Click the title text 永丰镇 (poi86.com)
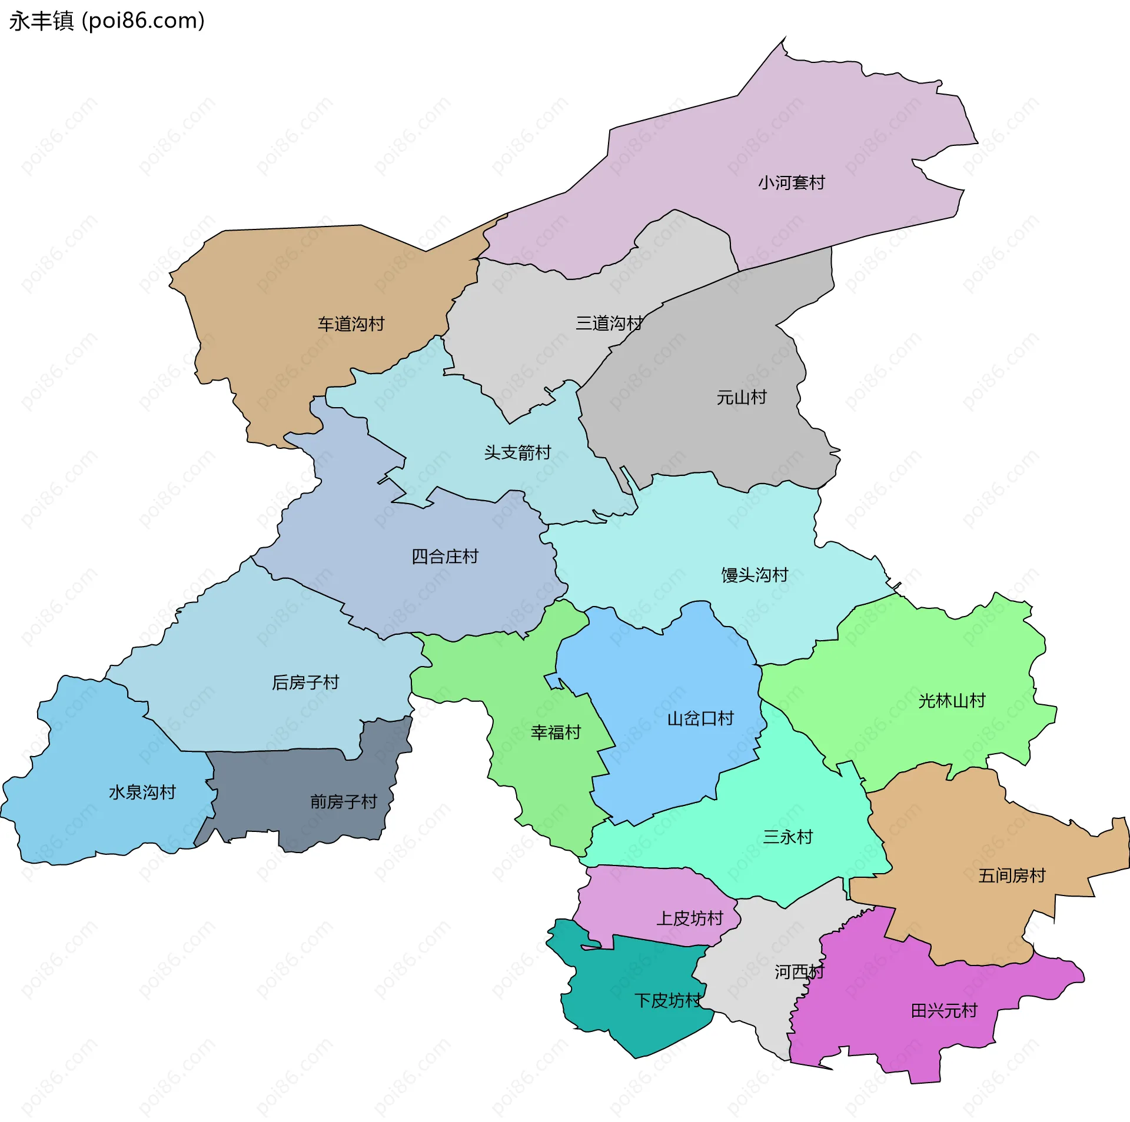tap(107, 21)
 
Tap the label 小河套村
tap(791, 182)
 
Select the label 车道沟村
tap(351, 324)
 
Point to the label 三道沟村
tap(609, 323)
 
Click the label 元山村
tap(742, 397)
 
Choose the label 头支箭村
tap(517, 452)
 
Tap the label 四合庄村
tap(444, 556)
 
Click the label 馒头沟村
tap(755, 574)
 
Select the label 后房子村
tap(305, 682)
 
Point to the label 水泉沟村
tap(142, 792)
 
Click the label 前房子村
tap(343, 801)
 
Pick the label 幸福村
tap(556, 732)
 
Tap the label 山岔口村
tap(700, 718)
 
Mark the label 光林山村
tap(952, 700)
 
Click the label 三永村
tap(787, 837)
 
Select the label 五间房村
tap(1012, 875)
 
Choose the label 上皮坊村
tap(689, 918)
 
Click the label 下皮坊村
tap(668, 1000)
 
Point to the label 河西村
tap(799, 972)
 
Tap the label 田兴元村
tap(944, 1011)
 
